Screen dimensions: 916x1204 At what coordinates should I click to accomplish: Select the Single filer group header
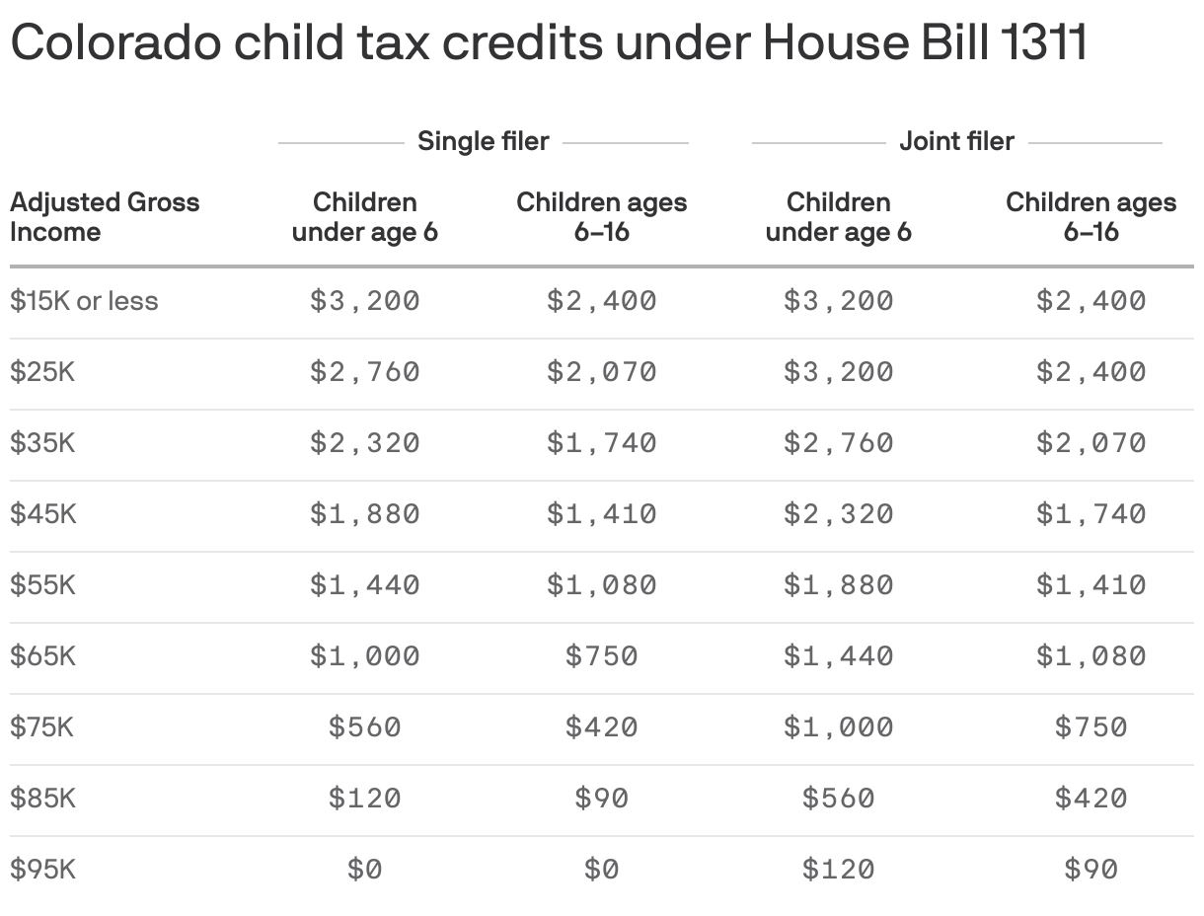click(x=483, y=141)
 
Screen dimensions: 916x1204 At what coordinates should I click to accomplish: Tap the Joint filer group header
click(x=956, y=141)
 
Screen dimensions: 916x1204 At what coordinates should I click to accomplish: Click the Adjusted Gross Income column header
click(x=104, y=217)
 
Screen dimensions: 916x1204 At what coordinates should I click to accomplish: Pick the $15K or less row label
click(x=84, y=301)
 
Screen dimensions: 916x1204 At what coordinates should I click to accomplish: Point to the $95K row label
click(x=42, y=870)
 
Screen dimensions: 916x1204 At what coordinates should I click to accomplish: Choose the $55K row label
click(x=42, y=585)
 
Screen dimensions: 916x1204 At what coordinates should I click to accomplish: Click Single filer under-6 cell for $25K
click(x=365, y=372)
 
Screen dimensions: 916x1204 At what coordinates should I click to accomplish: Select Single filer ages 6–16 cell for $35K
click(x=601, y=443)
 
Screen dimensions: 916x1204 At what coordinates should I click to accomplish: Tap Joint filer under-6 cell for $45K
click(x=838, y=514)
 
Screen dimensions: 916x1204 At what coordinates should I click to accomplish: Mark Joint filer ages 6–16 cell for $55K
click(x=1091, y=585)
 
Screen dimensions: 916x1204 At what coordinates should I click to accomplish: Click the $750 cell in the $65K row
click(x=601, y=656)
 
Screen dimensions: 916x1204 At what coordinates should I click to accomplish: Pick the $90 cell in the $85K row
click(x=601, y=799)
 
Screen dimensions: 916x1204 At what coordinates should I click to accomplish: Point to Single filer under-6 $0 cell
click(x=365, y=870)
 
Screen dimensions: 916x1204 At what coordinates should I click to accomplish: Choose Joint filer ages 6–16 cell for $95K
click(x=1091, y=870)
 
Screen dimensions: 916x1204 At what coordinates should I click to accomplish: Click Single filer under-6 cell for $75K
click(x=365, y=727)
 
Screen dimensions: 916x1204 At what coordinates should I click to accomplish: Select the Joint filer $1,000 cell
click(x=838, y=727)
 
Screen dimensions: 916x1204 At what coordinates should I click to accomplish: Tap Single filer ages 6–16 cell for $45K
click(x=601, y=514)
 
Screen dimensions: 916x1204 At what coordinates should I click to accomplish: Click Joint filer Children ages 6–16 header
click(x=1091, y=217)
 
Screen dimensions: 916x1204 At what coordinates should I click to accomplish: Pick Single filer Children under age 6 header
click(x=365, y=217)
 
